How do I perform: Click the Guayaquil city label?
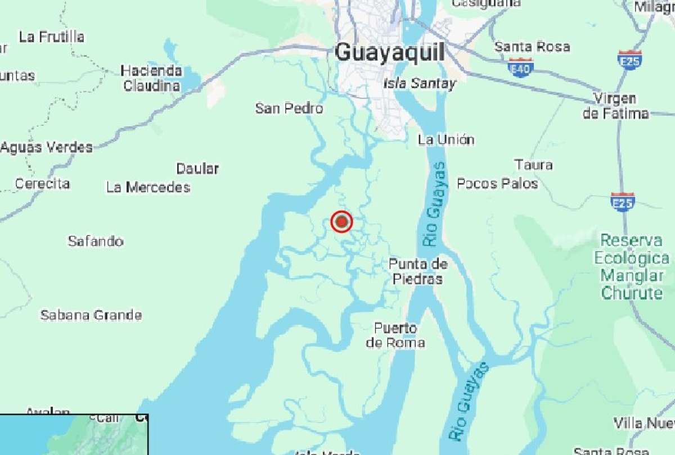point(389,53)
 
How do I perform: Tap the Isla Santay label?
point(419,84)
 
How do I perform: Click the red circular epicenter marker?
point(341,222)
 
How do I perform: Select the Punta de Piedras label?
point(418,271)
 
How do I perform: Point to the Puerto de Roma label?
point(395,335)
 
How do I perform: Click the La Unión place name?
point(446,139)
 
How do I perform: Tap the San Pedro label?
point(289,108)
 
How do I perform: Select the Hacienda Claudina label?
point(152,78)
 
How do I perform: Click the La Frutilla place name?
point(52,37)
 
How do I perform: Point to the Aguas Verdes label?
point(47,148)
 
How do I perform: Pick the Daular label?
point(197,169)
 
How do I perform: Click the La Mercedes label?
point(148,187)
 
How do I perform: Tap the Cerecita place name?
point(43,184)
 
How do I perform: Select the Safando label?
point(96,241)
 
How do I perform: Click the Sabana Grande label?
point(91,315)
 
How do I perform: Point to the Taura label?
point(533,165)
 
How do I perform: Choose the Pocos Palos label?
point(497,183)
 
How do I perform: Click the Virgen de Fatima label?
point(615,106)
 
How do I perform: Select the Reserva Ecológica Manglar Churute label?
point(632,267)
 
